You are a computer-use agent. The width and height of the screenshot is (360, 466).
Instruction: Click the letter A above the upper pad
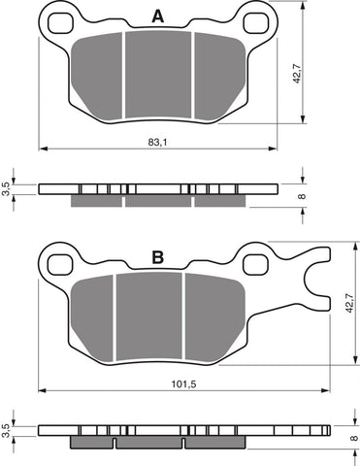[x=156, y=16]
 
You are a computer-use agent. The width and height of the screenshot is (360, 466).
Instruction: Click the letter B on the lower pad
[x=157, y=259]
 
